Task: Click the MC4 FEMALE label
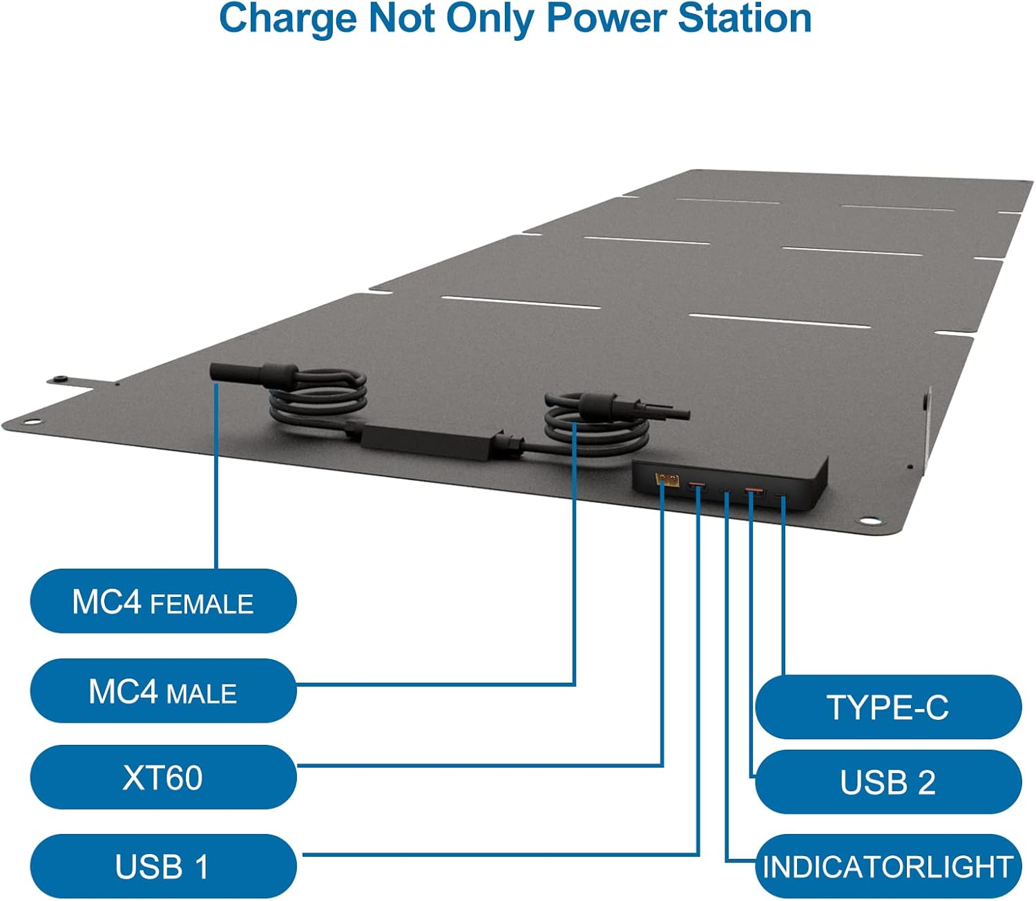pos(163,602)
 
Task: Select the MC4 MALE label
pos(163,691)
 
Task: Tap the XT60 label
pos(163,778)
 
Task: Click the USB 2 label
pos(888,782)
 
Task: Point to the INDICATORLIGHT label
pos(888,866)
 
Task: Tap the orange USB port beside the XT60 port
pos(696,488)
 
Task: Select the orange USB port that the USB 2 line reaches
pos(754,493)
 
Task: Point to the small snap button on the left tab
pos(61,379)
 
